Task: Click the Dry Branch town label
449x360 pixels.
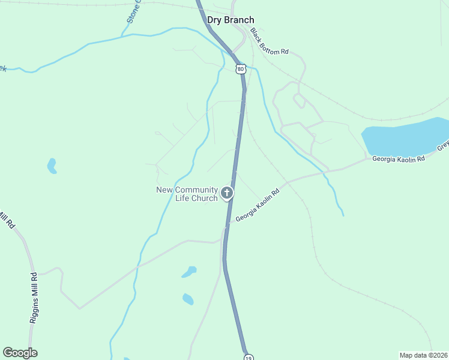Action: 231,20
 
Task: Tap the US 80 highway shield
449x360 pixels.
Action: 241,69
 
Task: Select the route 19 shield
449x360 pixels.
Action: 249,357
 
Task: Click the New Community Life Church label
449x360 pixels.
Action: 187,194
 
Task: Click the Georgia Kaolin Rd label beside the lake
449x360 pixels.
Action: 398,159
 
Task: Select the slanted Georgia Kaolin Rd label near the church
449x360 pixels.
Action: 258,206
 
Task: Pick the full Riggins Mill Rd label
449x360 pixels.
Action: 34,298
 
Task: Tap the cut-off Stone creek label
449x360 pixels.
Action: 133,12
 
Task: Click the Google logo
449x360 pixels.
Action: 20,353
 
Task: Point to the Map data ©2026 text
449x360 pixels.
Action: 424,355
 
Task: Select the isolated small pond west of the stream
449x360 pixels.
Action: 52,166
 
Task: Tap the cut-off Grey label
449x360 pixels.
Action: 443,146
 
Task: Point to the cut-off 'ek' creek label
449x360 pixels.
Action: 3,68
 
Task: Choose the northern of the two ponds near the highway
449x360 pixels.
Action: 190,272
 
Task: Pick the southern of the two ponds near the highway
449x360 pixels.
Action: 188,299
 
